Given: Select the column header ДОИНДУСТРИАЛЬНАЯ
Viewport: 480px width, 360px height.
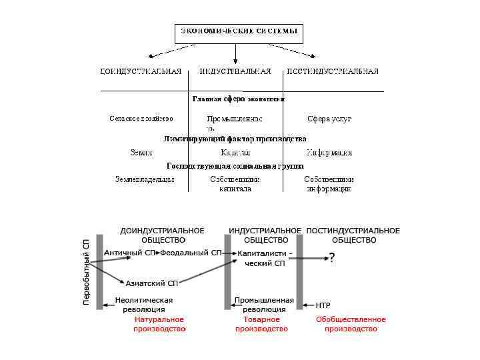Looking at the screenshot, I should tap(141, 71).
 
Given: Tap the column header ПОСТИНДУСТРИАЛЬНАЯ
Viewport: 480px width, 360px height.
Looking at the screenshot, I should tap(332, 71).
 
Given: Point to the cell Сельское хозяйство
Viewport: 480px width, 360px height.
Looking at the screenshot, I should tap(141, 119).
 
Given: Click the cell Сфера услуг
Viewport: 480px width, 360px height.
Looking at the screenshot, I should tap(329, 119).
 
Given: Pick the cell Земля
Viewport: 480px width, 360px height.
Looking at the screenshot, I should tap(141, 153).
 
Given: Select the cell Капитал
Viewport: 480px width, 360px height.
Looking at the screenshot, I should tap(235, 153).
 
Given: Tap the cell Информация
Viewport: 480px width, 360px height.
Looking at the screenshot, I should tap(329, 153).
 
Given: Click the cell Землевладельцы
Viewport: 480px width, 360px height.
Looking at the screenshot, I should tap(145, 179).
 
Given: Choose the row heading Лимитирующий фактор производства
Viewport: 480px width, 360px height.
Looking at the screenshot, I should tap(235, 139).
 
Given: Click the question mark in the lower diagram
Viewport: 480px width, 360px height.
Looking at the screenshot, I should tap(332, 258).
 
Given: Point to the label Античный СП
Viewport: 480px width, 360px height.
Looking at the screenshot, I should tap(129, 253).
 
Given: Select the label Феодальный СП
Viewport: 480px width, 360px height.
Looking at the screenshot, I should tap(191, 253).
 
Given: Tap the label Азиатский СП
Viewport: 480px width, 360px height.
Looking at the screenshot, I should tap(152, 283).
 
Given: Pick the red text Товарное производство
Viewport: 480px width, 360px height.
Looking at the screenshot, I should tap(261, 324).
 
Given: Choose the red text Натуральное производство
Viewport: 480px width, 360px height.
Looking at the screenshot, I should tap(159, 324).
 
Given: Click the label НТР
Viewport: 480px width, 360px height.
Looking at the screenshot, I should tap(323, 305).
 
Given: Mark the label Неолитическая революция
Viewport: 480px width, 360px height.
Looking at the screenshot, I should tap(144, 305).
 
